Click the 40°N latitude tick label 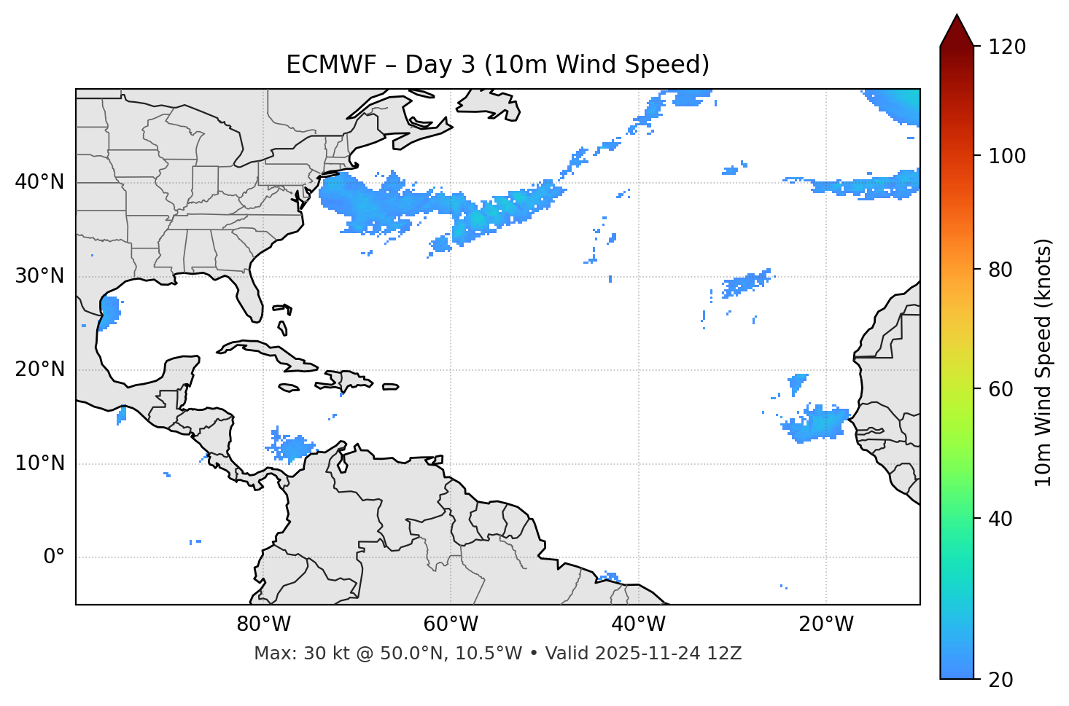(39, 182)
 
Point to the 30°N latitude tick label (39, 276)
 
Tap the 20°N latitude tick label (39, 369)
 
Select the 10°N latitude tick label (39, 463)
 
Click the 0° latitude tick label (54, 557)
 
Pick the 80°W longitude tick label (263, 624)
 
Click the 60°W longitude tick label (451, 624)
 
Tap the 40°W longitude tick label (638, 624)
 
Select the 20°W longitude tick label (826, 624)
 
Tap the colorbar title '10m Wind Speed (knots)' (1043, 363)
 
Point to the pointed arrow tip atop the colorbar (957, 16)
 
